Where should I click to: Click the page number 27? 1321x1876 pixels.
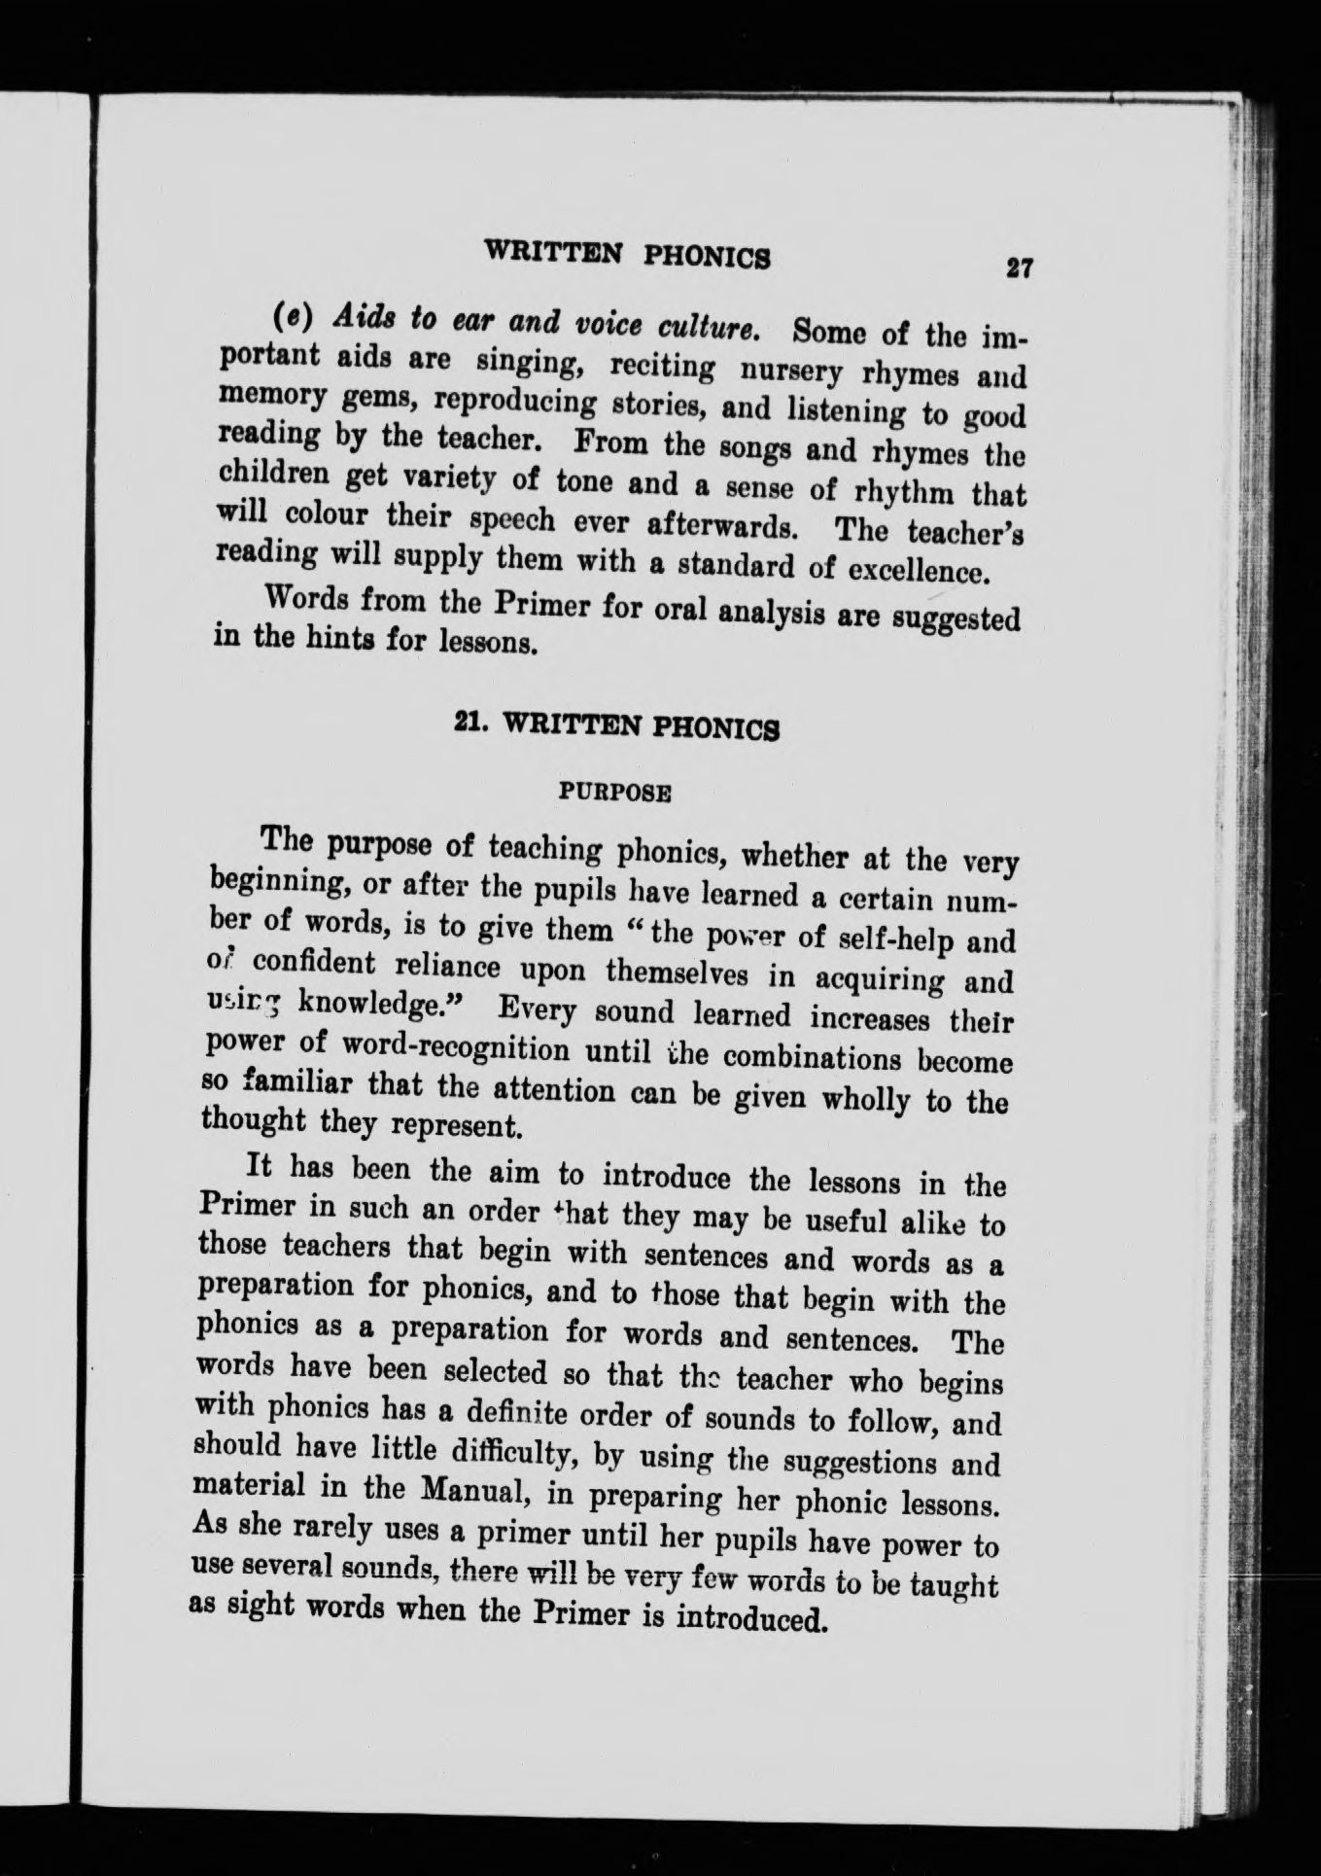[x=1018, y=267]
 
